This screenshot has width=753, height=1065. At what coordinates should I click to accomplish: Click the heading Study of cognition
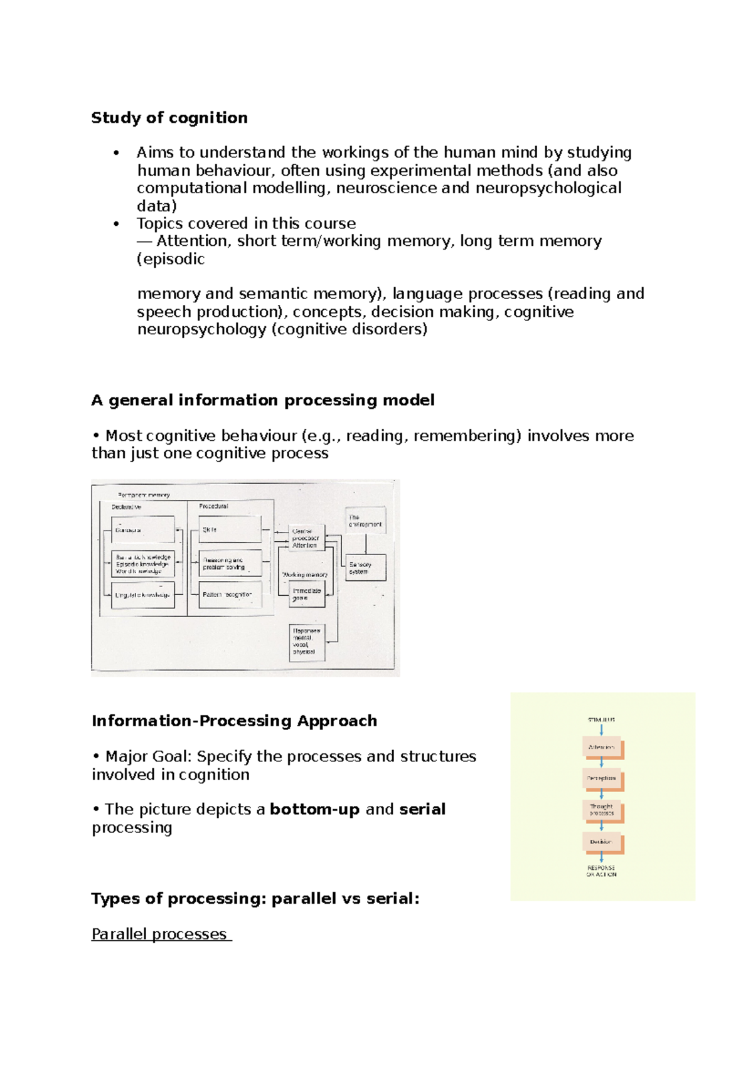(169, 118)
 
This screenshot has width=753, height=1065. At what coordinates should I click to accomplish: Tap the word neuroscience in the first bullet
(386, 188)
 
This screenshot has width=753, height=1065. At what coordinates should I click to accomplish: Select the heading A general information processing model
(263, 400)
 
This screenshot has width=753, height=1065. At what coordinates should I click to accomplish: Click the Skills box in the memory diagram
(230, 529)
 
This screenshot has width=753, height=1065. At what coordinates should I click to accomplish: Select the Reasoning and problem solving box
(230, 563)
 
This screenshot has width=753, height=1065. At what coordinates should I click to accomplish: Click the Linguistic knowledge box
(143, 595)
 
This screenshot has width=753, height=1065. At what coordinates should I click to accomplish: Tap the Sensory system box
(365, 568)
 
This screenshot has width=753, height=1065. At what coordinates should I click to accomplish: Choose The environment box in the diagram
(365, 521)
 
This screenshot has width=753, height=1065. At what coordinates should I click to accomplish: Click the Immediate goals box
(307, 594)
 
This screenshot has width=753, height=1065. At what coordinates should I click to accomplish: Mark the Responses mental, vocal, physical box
(307, 642)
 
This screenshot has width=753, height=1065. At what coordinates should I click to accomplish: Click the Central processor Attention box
(306, 538)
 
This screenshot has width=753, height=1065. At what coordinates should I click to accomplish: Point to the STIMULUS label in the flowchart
(601, 719)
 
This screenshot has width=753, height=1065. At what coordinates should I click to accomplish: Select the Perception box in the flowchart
(602, 778)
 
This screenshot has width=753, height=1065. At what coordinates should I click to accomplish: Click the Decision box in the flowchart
(602, 842)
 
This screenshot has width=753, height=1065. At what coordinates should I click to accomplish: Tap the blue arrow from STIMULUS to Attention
(602, 730)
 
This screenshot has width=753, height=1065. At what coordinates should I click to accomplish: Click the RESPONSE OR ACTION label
(601, 871)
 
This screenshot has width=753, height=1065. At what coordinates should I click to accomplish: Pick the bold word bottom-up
(314, 809)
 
